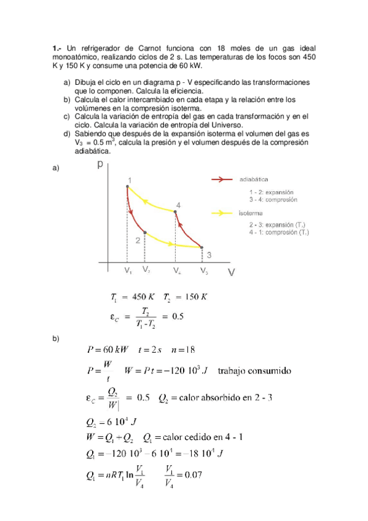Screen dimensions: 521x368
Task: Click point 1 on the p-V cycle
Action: point(127,186)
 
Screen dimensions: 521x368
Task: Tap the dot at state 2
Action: point(144,232)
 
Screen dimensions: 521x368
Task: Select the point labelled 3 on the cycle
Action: point(203,248)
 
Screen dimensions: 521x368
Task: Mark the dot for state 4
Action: point(176,212)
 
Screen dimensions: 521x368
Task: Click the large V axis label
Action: point(231,272)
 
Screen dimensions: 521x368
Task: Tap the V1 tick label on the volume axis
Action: point(127,270)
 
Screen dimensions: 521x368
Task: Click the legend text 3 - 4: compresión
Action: point(273,200)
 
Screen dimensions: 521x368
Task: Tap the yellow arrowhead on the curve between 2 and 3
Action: point(168,243)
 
